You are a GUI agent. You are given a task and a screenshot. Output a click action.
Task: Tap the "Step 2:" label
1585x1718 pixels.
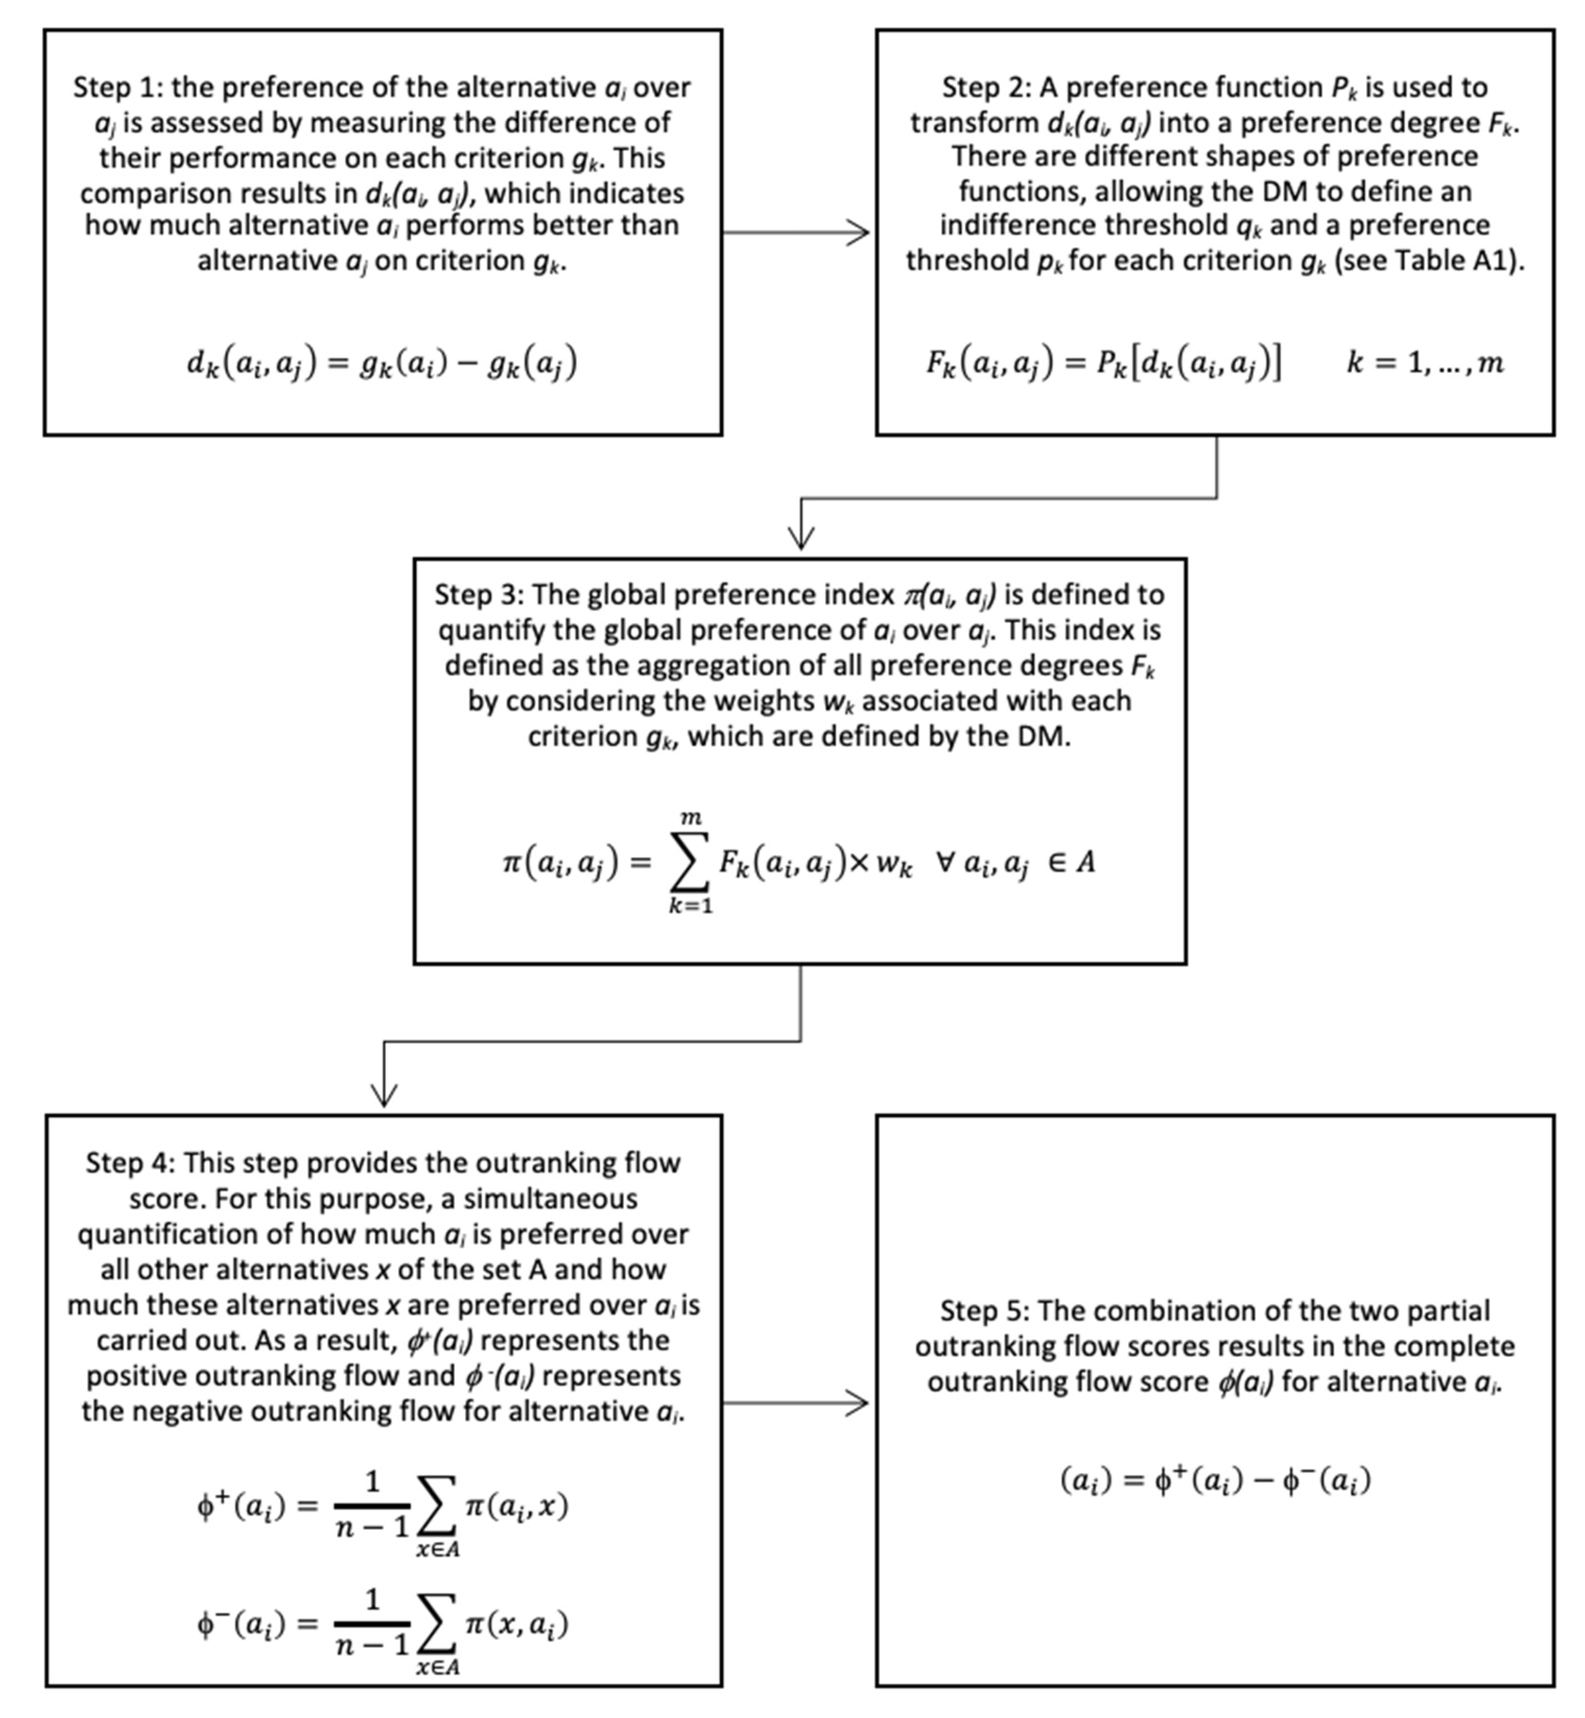986,87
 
